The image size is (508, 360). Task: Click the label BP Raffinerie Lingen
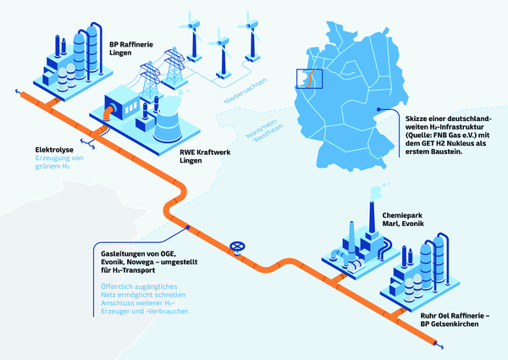[x=131, y=48]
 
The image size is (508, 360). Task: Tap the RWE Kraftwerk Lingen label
[x=205, y=156]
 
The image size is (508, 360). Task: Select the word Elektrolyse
[x=54, y=150]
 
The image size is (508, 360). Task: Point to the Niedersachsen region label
[x=246, y=91]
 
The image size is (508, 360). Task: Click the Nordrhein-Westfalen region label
[x=264, y=130]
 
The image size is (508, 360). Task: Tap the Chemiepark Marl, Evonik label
[x=403, y=219]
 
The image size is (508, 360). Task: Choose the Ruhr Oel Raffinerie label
[x=455, y=319]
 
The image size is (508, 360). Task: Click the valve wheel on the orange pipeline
[x=237, y=246]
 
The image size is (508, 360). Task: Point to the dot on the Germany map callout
[x=378, y=109]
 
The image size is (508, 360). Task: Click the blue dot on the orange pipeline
[x=188, y=228]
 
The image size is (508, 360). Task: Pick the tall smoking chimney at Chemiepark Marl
[x=372, y=217]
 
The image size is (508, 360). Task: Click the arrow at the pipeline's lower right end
[x=439, y=346]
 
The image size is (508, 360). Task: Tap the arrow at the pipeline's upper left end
[x=18, y=91]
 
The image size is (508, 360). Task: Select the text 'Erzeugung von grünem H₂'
[x=59, y=162]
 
